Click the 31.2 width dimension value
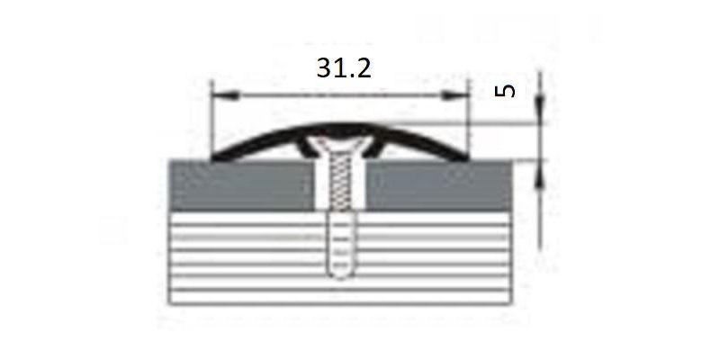point(344,68)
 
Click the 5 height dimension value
point(505,91)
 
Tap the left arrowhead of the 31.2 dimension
point(226,95)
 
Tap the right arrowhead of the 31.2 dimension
point(454,95)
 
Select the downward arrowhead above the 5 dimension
point(540,109)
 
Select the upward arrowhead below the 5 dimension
point(540,174)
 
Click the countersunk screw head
point(341,147)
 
